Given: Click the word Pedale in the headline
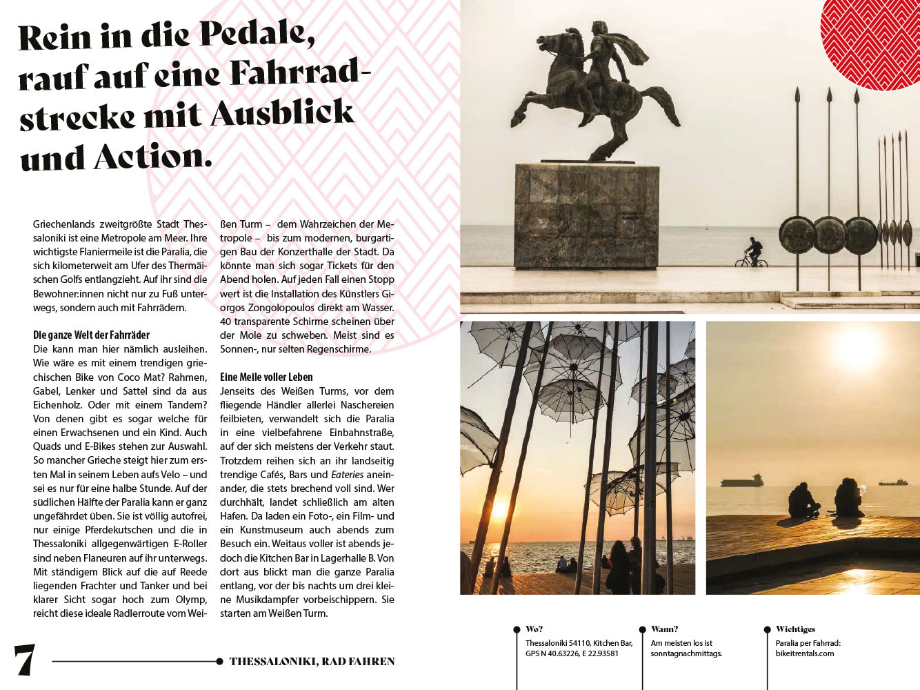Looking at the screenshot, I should (x=257, y=34).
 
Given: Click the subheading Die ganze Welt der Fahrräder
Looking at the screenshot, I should (x=91, y=335).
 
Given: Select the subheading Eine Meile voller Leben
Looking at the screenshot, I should (x=266, y=377).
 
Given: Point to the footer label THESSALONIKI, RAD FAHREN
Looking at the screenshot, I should (x=312, y=661).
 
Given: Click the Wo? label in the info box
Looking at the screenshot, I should (x=534, y=629).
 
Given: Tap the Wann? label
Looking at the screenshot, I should (x=664, y=629).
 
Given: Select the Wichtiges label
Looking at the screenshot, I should (x=795, y=629).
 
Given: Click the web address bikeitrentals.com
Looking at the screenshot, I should (x=804, y=653).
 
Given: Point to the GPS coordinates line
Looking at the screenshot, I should (x=572, y=653).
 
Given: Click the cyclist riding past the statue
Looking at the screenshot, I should (x=752, y=252).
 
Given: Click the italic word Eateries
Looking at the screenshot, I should (x=347, y=475).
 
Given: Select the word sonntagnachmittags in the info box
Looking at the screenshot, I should (x=686, y=653).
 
